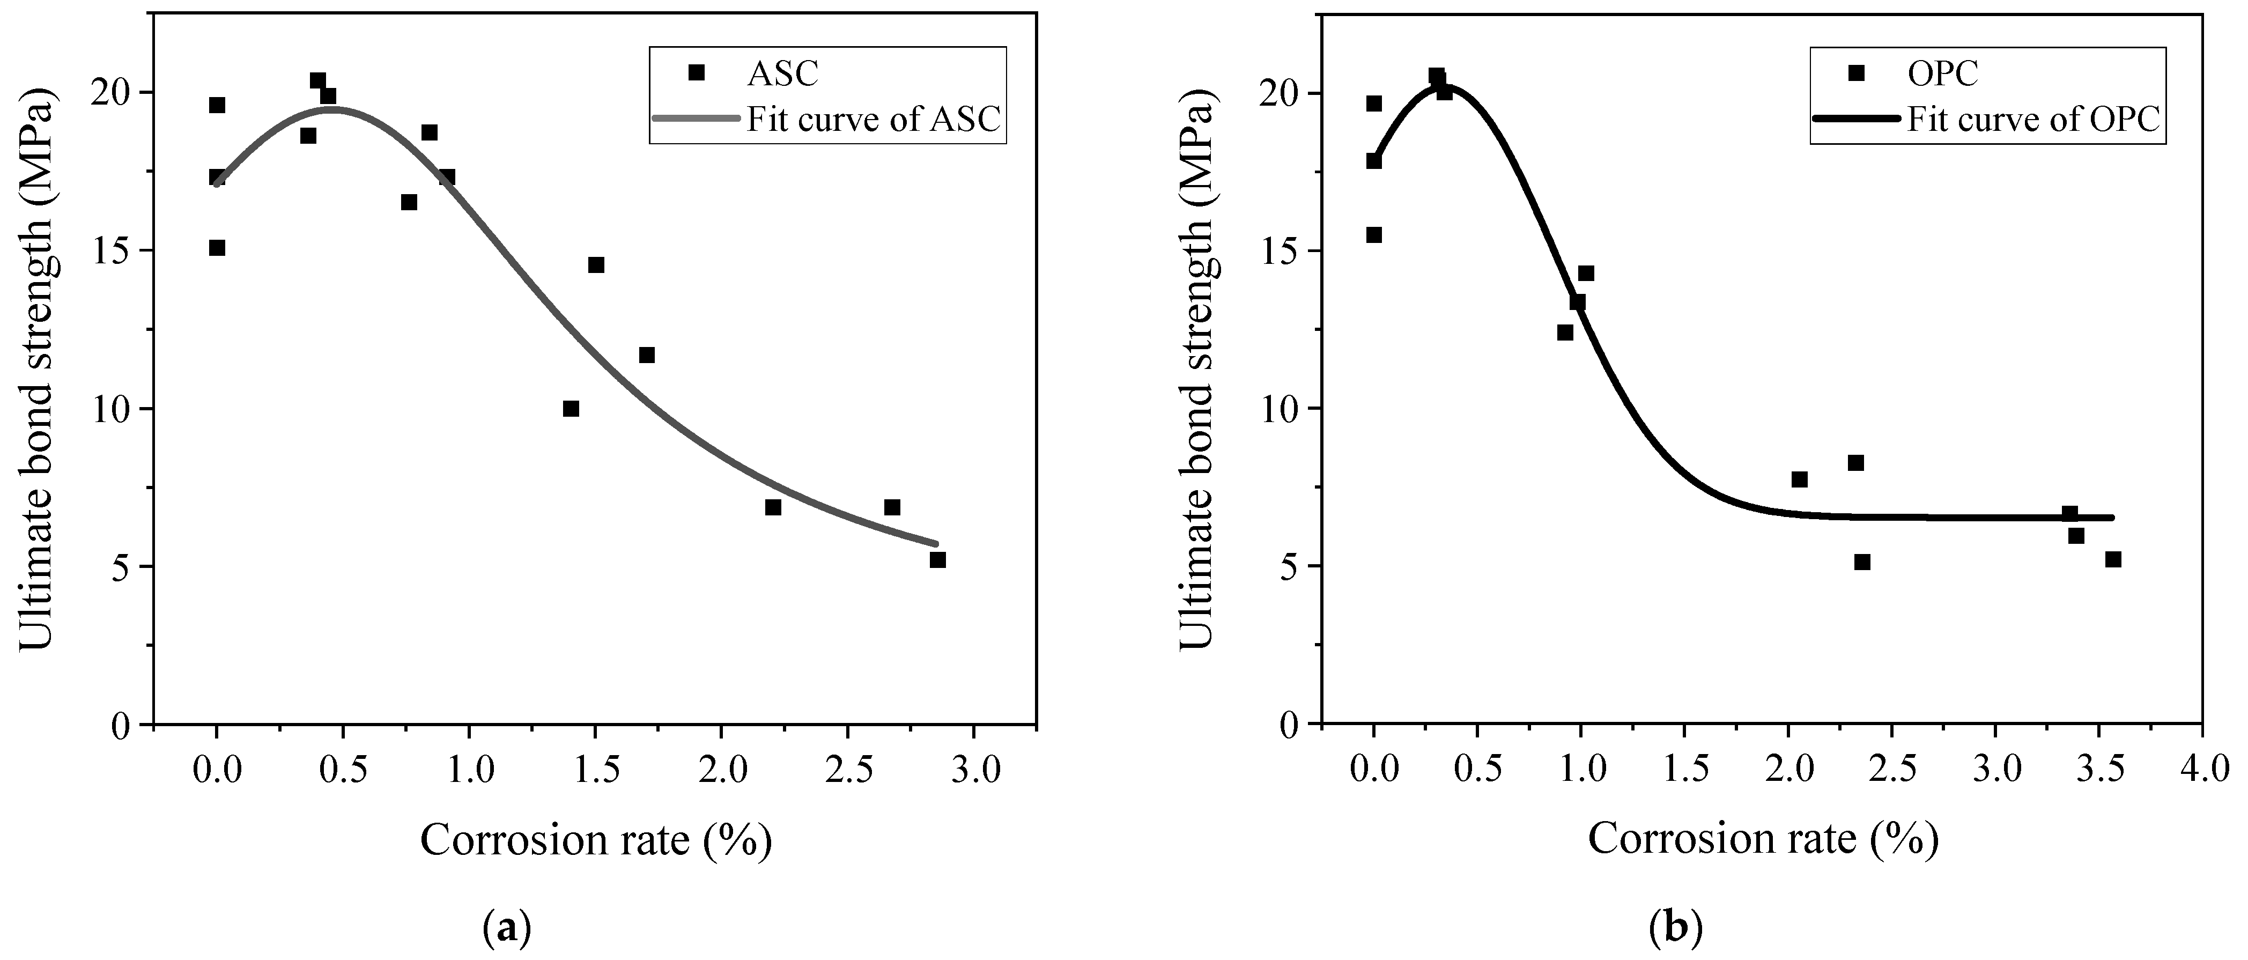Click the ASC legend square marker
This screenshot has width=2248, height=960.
(696, 72)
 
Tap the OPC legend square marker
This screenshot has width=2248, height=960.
(1856, 72)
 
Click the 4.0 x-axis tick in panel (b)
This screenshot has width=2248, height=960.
(2202, 771)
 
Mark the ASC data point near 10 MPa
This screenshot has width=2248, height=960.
(571, 409)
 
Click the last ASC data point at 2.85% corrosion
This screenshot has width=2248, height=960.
(937, 559)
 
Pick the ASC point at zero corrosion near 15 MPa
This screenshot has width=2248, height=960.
(217, 248)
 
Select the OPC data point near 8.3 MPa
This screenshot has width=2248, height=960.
(1855, 462)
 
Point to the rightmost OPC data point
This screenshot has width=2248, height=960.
(2113, 559)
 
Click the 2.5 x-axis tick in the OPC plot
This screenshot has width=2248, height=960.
(1892, 771)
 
